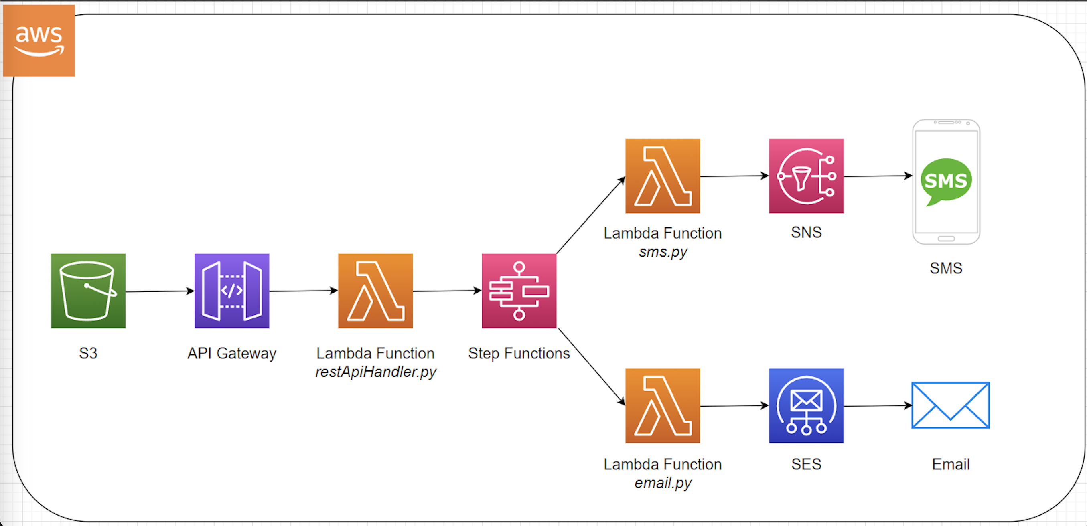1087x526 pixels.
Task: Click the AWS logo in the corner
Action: pos(39,40)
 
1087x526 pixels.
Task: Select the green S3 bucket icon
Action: pos(88,291)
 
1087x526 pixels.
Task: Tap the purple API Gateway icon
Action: pos(232,291)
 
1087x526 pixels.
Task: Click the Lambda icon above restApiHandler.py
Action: pos(375,291)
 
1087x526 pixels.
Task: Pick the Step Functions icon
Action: pos(519,291)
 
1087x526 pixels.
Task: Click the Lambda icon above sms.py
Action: pos(663,176)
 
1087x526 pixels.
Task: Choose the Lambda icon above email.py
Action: pos(663,406)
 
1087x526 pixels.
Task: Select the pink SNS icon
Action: pos(806,176)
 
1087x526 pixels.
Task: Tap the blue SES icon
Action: pos(806,406)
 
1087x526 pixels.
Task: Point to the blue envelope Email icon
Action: pos(950,405)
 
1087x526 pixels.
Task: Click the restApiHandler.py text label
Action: pos(375,372)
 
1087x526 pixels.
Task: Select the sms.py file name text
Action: pos(663,252)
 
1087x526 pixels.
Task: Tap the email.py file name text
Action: pos(663,483)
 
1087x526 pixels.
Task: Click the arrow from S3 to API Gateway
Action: pos(160,291)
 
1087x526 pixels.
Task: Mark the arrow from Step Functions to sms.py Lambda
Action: pos(591,215)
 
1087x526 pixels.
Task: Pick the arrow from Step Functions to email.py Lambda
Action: pos(592,366)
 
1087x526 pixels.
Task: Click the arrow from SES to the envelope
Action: pos(878,406)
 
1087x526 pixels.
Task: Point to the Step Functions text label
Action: pos(519,354)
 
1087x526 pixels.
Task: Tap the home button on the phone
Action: pos(946,239)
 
